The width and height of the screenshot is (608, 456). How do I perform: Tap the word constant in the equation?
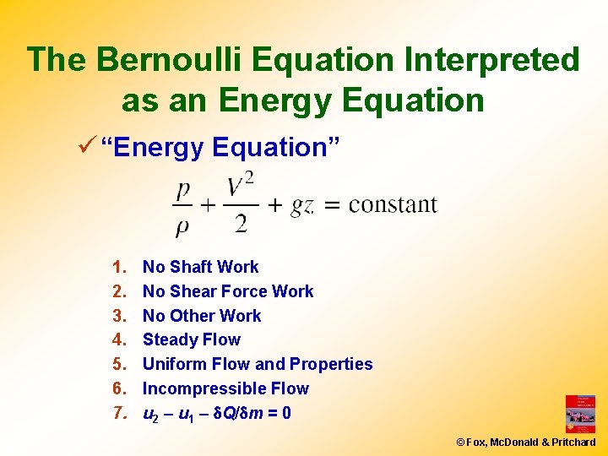coord(393,205)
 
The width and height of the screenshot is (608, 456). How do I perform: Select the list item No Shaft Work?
coord(200,267)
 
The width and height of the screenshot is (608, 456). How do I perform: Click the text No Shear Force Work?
coord(228,291)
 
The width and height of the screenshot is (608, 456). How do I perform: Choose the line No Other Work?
coord(202,316)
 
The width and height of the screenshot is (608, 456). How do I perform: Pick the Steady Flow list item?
coord(192,339)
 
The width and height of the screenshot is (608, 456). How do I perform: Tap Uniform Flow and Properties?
coord(258,364)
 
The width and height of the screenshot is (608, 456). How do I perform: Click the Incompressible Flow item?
coord(225,388)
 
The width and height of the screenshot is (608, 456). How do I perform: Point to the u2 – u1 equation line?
coord(217,414)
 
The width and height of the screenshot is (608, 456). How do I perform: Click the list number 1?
coord(117,267)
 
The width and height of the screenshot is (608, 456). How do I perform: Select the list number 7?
coord(117,414)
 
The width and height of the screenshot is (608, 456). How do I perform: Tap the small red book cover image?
coord(580,414)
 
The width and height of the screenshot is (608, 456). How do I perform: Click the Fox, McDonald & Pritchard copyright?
coord(525,442)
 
